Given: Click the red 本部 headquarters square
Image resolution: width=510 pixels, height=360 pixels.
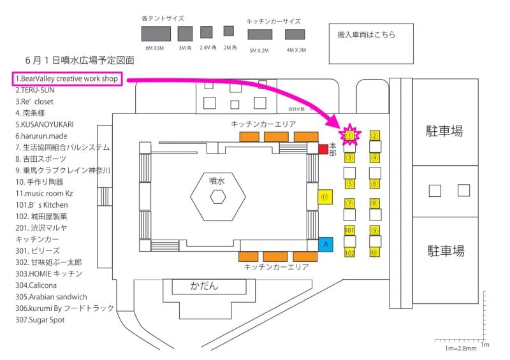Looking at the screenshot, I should point(323,149).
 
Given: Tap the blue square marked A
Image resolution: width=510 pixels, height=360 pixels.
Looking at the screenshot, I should point(325,244).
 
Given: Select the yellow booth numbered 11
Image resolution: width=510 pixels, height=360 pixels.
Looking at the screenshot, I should point(325,198).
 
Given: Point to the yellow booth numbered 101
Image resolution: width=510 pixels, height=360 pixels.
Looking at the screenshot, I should point(349,229).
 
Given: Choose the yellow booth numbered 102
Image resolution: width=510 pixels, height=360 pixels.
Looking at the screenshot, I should point(349,253).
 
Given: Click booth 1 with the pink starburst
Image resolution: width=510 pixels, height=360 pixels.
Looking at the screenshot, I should point(350,135).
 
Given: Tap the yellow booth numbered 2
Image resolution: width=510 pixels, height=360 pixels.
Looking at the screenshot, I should point(375,135).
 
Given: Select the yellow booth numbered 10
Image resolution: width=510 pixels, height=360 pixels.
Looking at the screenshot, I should point(375,252).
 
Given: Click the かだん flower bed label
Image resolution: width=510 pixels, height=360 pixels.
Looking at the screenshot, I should point(204,286).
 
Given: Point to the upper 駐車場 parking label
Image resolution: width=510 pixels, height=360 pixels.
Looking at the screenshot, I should point(444,132).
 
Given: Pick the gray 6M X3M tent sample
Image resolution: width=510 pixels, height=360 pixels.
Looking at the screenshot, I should point(156,34).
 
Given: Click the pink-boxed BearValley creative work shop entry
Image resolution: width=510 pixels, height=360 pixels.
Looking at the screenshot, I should point(66,78).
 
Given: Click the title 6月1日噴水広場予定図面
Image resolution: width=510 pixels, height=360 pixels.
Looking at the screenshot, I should point(80,60).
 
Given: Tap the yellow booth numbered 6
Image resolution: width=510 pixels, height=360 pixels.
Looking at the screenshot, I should point(375,184).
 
